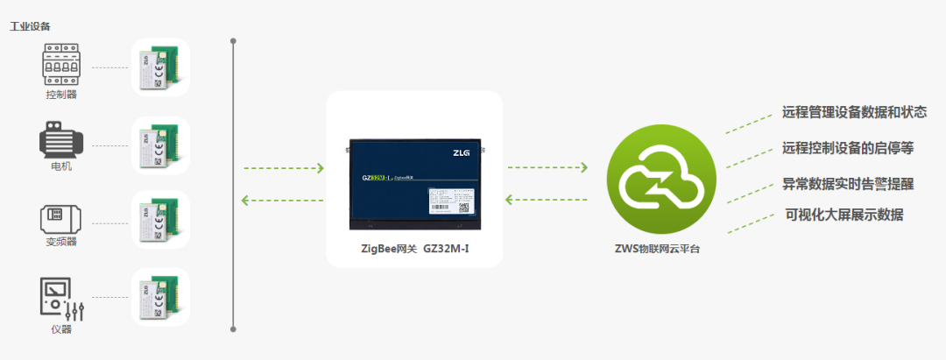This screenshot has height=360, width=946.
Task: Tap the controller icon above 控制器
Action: click(60, 67)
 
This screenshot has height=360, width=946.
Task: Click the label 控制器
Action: click(60, 95)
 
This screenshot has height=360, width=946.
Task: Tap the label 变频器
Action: click(60, 242)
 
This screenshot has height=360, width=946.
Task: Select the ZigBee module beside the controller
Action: click(161, 67)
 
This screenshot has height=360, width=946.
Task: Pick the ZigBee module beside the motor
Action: click(161, 145)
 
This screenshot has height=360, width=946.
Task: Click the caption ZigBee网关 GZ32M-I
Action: click(415, 249)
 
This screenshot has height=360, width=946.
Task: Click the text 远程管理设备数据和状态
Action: click(854, 113)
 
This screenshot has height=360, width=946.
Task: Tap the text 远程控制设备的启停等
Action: click(848, 148)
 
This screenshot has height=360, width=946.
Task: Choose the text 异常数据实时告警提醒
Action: click(848, 185)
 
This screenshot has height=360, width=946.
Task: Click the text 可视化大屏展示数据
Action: click(844, 215)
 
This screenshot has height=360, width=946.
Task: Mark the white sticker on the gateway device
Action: click(453, 201)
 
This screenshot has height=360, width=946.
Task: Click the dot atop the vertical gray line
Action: click(234, 39)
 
